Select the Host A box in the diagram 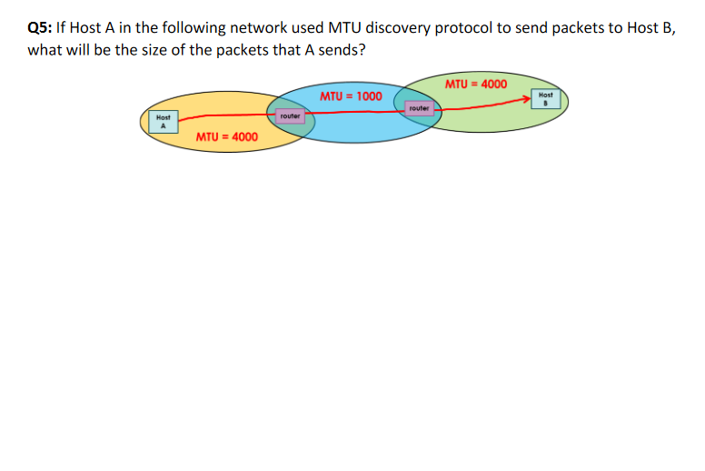[164, 122]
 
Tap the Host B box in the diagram [545, 98]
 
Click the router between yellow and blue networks [290, 116]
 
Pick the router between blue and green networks [419, 108]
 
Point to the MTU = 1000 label [351, 95]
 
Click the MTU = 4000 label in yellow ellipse [226, 137]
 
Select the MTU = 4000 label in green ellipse [475, 85]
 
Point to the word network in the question [255, 27]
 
